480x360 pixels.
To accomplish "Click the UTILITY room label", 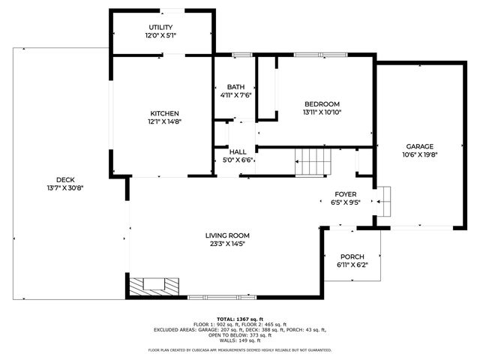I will click(x=160, y=27).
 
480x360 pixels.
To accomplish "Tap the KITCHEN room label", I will click(x=163, y=113).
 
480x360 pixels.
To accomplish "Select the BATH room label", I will click(x=235, y=87).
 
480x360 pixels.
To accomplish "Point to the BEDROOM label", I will click(x=322, y=103).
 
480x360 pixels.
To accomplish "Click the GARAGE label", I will click(x=420, y=146).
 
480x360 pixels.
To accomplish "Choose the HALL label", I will click(x=238, y=151).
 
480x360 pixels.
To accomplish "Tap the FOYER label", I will click(x=345, y=193).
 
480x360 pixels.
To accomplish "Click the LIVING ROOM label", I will click(x=226, y=235).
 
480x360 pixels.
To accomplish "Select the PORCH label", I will click(x=351, y=256).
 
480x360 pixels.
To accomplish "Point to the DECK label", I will click(x=64, y=179).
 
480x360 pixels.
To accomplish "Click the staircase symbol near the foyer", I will click(x=311, y=161).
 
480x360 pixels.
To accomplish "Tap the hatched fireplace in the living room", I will click(x=154, y=286).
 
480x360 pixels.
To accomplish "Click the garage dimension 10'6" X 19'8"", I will click(x=420, y=154).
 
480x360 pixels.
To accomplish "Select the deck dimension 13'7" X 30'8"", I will click(x=64, y=187).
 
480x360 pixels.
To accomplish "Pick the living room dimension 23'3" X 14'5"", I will click(x=226, y=244).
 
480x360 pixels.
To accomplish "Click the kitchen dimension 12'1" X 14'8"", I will click(x=163, y=121).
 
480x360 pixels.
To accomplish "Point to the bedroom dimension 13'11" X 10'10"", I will click(x=322, y=112).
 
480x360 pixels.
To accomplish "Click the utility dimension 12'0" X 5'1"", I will click(x=160, y=35).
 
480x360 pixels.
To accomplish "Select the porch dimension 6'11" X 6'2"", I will click(x=351, y=264).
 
